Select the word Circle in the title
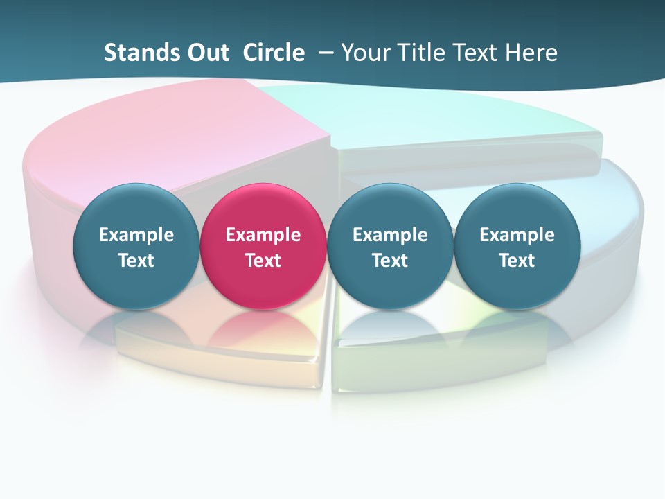pyautogui.click(x=274, y=53)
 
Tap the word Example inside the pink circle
pyautogui.click(x=263, y=235)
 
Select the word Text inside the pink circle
pyautogui.click(x=263, y=261)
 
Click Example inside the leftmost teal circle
pyautogui.click(x=136, y=235)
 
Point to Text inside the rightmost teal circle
pyautogui.click(x=517, y=261)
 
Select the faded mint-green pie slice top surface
pyautogui.click(x=429, y=118)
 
